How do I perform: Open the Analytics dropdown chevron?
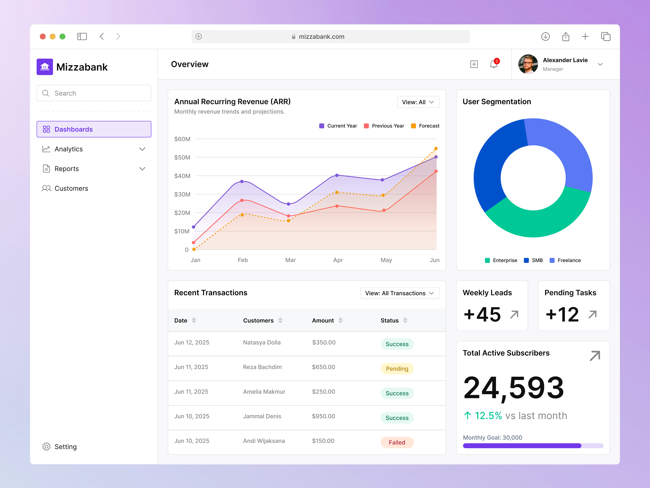tap(142, 149)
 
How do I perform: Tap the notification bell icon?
tap(493, 64)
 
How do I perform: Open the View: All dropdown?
tap(418, 102)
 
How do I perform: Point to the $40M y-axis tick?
tap(182, 176)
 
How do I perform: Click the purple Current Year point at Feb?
tap(242, 182)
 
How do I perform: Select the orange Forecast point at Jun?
tap(436, 149)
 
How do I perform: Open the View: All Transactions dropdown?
tap(399, 293)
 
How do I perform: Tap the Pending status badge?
tap(397, 369)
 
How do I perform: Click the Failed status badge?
tap(397, 442)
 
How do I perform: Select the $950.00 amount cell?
tap(323, 416)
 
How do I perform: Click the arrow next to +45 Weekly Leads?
tap(514, 314)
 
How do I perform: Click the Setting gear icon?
tap(46, 447)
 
